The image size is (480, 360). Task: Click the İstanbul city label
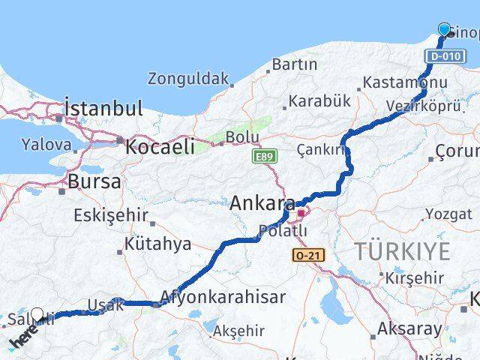103,108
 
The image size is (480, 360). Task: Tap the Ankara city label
262,202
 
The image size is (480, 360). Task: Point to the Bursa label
94,181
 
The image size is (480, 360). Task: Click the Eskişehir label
111,216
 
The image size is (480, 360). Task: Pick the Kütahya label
158,244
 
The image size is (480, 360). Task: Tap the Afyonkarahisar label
222,297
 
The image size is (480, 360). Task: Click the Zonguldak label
187,78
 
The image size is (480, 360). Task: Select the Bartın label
294,64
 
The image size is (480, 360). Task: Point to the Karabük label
319,100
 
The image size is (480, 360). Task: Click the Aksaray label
409,328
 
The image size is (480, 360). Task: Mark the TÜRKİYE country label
402,251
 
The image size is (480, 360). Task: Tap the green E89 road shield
261,157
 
